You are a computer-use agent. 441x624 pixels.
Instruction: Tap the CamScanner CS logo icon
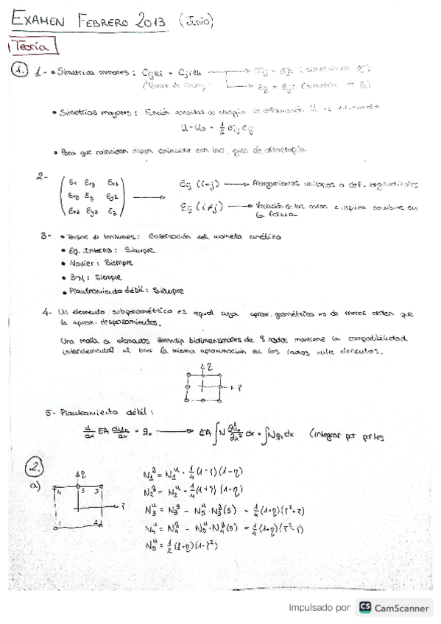point(364,607)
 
